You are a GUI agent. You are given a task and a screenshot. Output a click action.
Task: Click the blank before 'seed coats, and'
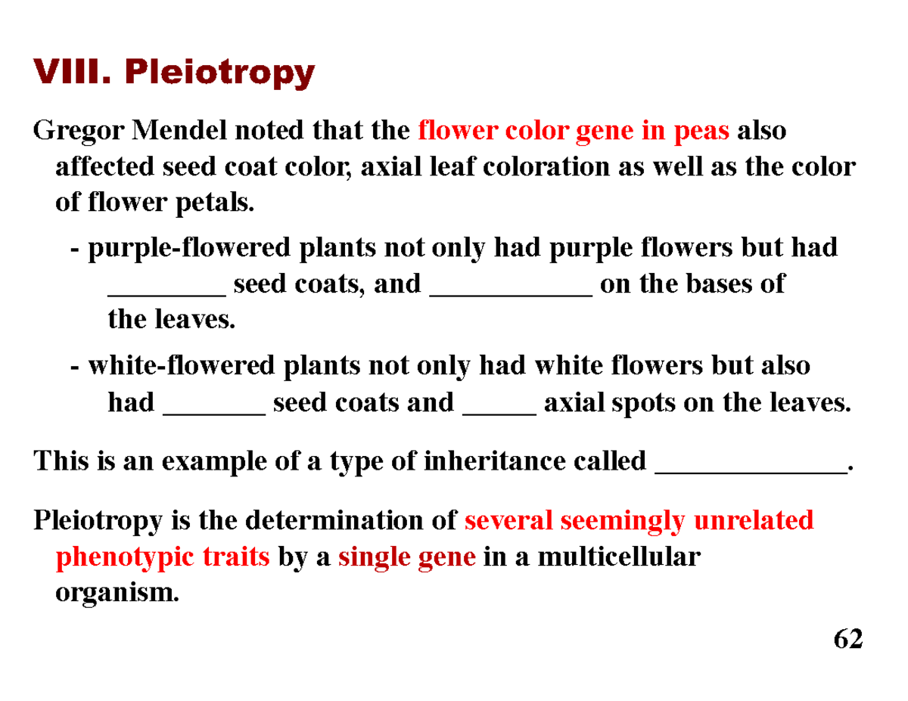[166, 290]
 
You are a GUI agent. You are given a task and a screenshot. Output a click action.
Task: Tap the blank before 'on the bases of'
[511, 290]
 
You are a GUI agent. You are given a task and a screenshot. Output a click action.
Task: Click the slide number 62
[847, 640]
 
